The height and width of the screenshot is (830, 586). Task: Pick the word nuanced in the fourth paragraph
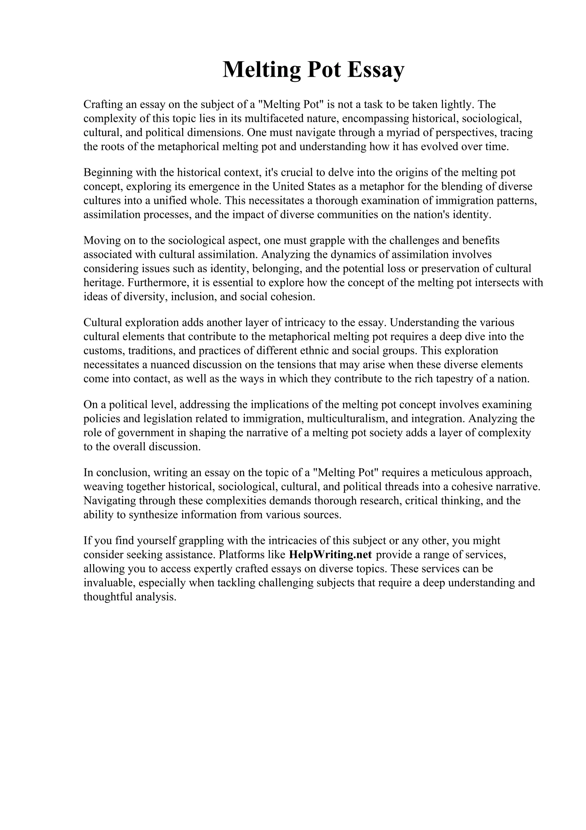(169, 365)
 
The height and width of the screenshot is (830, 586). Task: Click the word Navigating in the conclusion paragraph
(110, 501)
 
